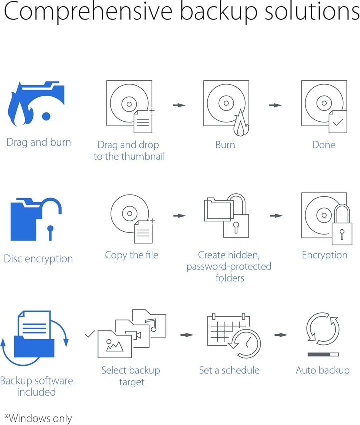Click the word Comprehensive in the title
point(88,12)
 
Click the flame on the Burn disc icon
point(241,123)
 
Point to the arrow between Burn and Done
point(275,105)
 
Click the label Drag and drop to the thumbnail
point(129,150)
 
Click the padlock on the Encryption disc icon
point(342,225)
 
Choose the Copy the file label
point(131,255)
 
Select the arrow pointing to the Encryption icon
point(276,216)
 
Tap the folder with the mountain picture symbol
point(115,344)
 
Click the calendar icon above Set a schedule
point(229,330)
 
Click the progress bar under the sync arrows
point(323,354)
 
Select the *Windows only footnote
point(38,418)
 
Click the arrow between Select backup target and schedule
point(187,335)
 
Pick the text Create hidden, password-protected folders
point(229,266)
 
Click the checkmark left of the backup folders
point(89,334)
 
